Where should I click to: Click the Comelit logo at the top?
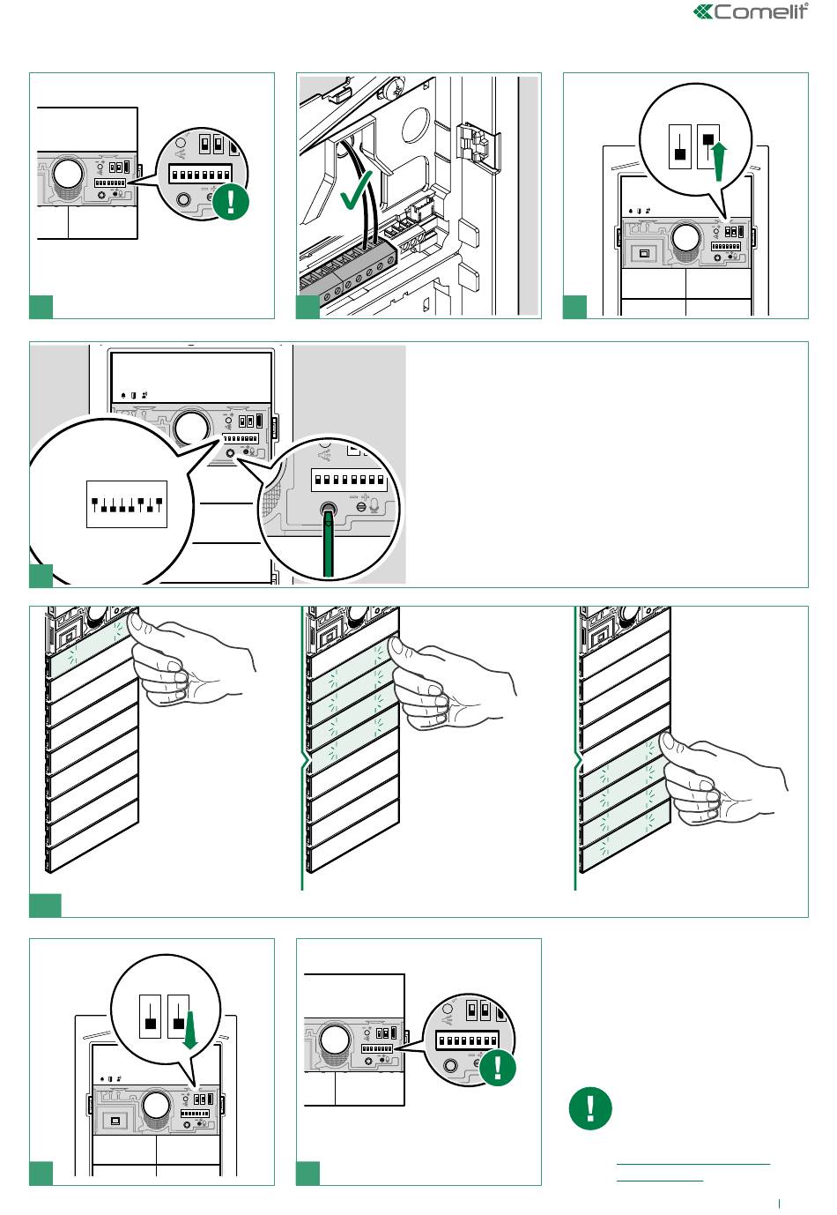752,11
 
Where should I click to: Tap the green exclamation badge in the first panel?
231,201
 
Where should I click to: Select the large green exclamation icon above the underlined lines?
590,1107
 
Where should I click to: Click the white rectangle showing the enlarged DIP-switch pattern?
127,504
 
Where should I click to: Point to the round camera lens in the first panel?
67,175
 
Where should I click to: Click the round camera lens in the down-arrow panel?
156,1105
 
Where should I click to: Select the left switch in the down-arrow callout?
151,1016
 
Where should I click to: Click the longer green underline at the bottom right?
693,1164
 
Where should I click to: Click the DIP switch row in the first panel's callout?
201,171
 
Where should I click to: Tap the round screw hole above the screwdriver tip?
330,510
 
